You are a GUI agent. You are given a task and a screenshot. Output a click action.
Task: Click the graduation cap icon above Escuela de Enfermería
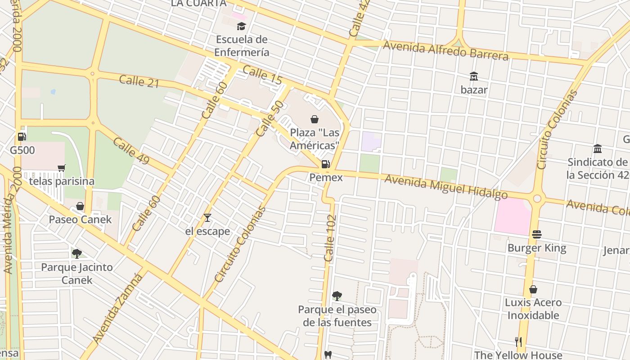(x=242, y=26)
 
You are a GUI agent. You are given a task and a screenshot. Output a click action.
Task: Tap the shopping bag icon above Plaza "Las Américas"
(x=315, y=119)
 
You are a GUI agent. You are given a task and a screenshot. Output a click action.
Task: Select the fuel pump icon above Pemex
(x=326, y=164)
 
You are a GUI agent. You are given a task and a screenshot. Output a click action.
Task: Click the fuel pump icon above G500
(x=22, y=136)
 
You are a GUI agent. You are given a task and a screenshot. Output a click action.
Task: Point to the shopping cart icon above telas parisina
(x=62, y=168)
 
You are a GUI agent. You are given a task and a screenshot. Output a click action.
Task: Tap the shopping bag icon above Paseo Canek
(x=80, y=206)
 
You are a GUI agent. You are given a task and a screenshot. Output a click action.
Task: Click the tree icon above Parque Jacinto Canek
(x=77, y=254)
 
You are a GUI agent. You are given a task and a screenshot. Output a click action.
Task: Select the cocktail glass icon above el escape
(x=207, y=218)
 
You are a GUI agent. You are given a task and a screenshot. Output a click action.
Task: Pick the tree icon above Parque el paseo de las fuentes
(x=337, y=296)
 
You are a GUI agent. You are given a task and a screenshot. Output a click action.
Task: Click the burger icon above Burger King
(x=536, y=234)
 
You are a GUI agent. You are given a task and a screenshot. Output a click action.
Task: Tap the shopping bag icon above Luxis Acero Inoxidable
(x=533, y=289)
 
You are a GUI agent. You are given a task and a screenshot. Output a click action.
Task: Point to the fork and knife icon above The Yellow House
(x=518, y=342)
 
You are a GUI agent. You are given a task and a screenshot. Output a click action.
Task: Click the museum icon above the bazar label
(x=474, y=76)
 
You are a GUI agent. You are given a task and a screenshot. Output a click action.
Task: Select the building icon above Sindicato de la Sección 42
(x=598, y=148)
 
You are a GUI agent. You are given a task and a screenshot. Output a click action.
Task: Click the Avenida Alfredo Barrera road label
(x=445, y=50)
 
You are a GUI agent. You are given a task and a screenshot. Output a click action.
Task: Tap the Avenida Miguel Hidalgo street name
(x=446, y=187)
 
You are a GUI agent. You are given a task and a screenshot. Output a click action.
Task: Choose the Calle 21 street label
(x=139, y=81)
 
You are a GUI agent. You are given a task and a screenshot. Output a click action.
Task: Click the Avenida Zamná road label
(x=118, y=308)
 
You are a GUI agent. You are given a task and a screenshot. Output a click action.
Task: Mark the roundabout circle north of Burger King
(x=537, y=198)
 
